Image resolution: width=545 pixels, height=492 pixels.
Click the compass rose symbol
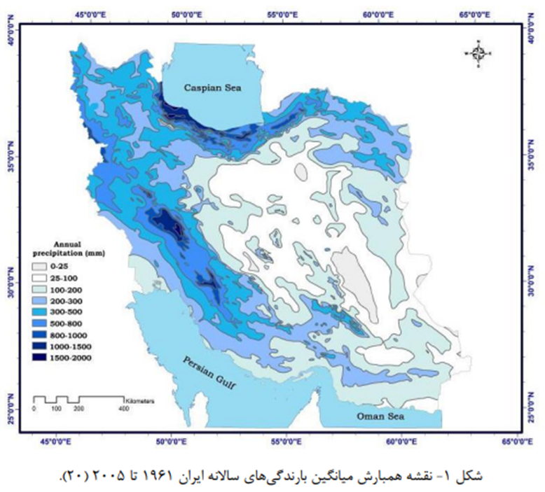point(478,53)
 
